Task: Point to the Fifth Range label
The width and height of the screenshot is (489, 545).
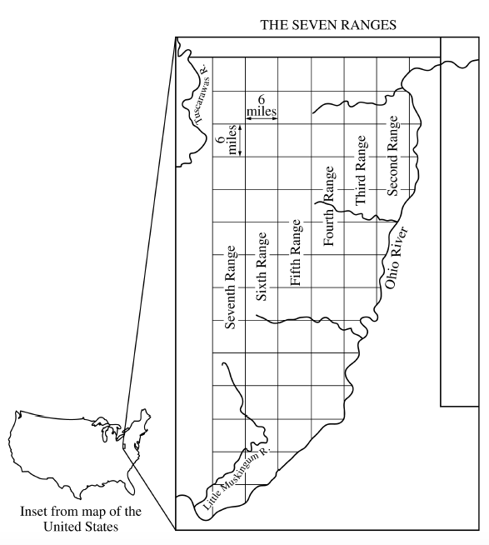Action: (x=295, y=253)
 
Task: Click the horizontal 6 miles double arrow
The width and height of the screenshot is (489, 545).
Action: (x=262, y=120)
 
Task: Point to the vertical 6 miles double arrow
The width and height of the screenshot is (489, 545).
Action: (x=240, y=139)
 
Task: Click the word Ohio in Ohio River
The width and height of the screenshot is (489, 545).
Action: (x=390, y=271)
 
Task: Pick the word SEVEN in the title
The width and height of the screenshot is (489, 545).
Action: (x=317, y=25)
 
